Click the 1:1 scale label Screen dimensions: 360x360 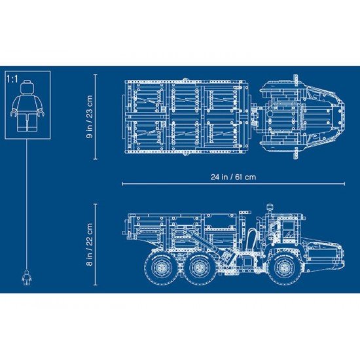(x=10, y=78)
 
